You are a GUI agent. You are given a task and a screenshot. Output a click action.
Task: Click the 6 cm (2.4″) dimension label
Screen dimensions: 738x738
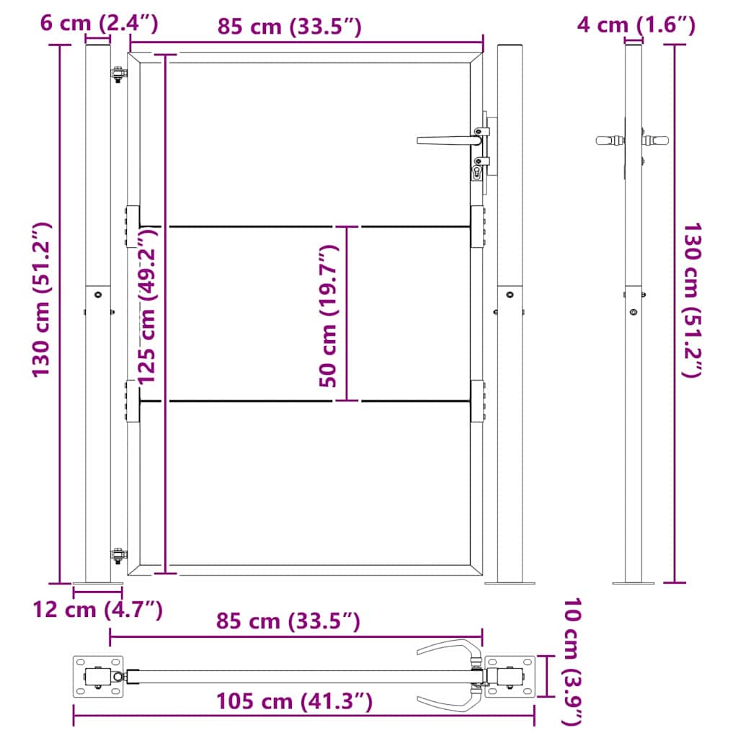tap(99, 24)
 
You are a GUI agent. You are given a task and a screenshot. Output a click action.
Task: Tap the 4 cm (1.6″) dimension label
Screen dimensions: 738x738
tap(636, 25)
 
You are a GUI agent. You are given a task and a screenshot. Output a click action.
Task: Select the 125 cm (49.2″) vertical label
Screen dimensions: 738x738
tap(148, 301)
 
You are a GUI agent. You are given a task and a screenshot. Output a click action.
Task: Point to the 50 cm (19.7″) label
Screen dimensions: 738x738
tap(328, 316)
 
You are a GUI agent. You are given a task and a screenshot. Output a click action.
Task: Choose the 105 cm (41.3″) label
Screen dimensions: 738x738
tap(293, 701)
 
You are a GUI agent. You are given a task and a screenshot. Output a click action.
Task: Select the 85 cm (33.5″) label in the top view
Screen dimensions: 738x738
tap(288, 621)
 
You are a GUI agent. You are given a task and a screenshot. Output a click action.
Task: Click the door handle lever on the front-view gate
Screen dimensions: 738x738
tap(445, 139)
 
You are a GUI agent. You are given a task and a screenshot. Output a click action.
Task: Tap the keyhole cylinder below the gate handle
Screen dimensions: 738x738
tap(477, 172)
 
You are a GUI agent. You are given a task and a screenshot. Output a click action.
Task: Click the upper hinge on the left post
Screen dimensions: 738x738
tap(117, 74)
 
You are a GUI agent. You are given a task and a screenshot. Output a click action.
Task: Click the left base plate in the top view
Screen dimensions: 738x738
tap(98, 677)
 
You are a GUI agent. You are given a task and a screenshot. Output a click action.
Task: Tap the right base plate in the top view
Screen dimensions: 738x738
tap(510, 677)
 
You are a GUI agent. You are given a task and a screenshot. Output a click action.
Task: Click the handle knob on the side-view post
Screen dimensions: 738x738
tap(610, 140)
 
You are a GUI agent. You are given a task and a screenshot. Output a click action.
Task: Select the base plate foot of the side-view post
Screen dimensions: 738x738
tap(633, 582)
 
